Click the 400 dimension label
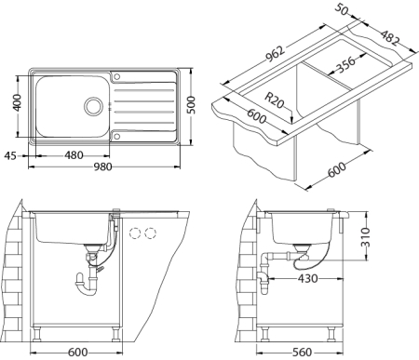(x=17, y=102)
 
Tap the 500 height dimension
(x=192, y=105)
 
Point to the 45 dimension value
(x=10, y=155)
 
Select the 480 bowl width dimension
(x=74, y=155)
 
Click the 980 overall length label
(x=102, y=167)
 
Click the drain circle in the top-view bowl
(x=93, y=106)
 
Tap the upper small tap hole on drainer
(x=116, y=76)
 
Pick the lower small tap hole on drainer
(x=116, y=136)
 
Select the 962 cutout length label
(x=275, y=54)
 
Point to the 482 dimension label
(x=389, y=38)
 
